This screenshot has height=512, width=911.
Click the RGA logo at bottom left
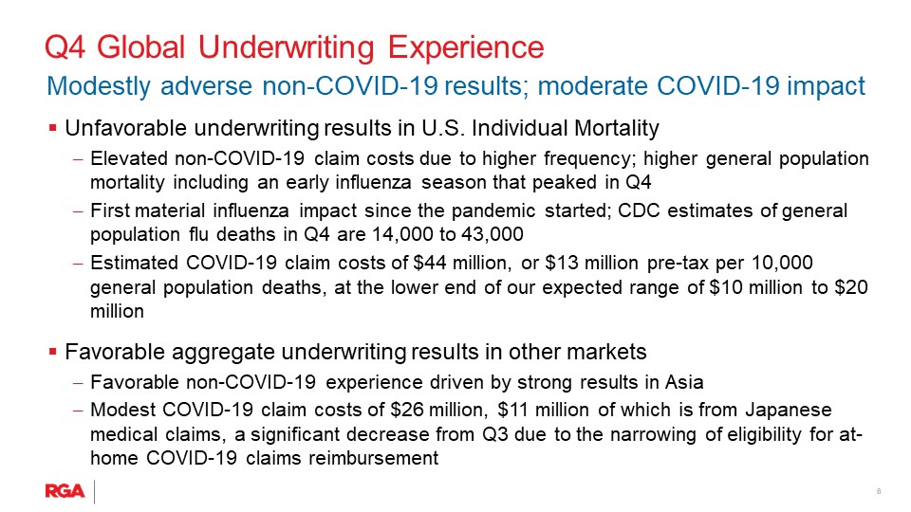click(x=65, y=491)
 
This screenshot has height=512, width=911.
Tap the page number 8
click(x=879, y=491)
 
